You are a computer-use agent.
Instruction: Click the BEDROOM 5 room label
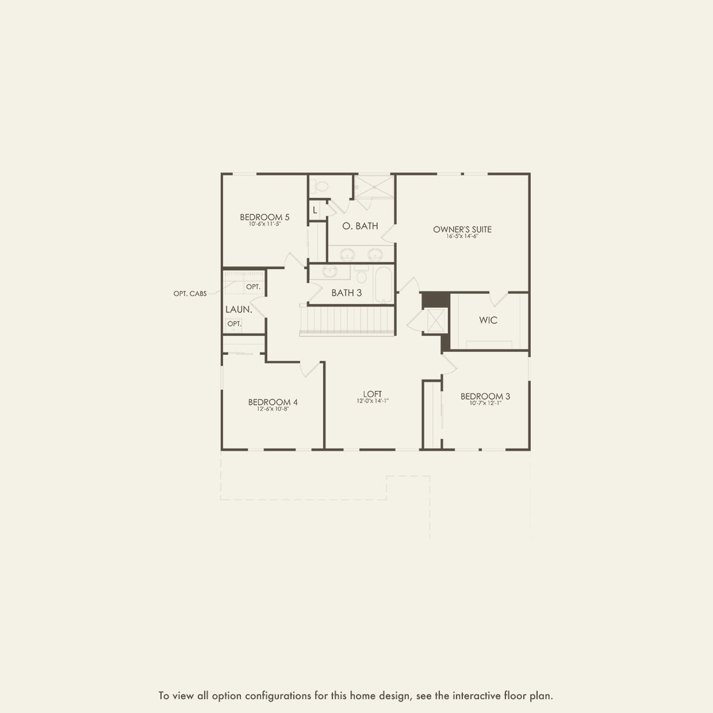[x=264, y=217]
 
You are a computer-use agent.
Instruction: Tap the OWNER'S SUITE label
[x=462, y=229]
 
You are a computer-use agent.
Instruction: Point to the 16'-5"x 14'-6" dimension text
[x=462, y=236]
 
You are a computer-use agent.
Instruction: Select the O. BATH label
[x=360, y=226]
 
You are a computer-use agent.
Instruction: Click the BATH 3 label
[x=346, y=293]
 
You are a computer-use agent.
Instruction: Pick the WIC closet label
[x=488, y=320]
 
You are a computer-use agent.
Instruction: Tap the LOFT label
[x=373, y=394]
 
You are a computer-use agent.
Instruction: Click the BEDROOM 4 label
[x=273, y=402]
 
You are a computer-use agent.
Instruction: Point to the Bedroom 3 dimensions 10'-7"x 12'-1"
[x=485, y=404]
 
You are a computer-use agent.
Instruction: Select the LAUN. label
[x=239, y=309]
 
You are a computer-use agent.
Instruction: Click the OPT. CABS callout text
[x=190, y=294]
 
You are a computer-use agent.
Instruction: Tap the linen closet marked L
[x=315, y=210]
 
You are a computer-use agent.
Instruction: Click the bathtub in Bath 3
[x=383, y=283]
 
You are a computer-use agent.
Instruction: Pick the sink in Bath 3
[x=330, y=271]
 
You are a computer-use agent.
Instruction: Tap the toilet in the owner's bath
[x=320, y=186]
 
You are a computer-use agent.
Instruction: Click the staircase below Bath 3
[x=347, y=320]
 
